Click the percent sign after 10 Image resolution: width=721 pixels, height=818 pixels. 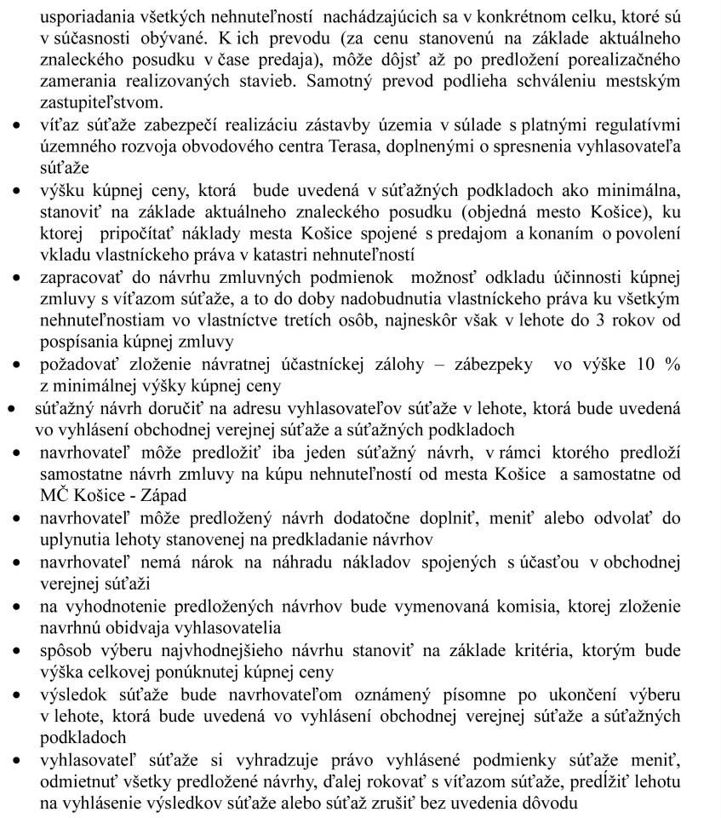[x=673, y=364]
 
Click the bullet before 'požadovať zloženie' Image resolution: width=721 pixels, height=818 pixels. [x=17, y=366]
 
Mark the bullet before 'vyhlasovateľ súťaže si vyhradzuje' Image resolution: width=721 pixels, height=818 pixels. [x=17, y=758]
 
